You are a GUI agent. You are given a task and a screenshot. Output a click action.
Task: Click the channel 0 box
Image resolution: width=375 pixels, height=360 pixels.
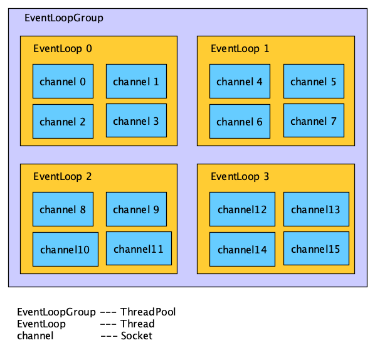click(x=63, y=81)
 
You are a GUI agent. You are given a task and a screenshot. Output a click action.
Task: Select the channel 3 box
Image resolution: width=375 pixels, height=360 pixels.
click(x=136, y=120)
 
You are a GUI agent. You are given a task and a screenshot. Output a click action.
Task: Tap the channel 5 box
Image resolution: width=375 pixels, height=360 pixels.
click(x=314, y=81)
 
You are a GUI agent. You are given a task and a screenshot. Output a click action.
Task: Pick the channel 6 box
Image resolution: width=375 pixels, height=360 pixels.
click(x=240, y=121)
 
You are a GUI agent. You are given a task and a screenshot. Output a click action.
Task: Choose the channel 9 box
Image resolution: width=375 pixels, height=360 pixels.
click(x=136, y=209)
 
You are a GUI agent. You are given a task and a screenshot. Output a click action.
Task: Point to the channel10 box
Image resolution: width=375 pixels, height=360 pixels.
click(x=65, y=249)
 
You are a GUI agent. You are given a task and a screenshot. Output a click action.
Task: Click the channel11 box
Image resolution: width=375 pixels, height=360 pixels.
click(x=138, y=248)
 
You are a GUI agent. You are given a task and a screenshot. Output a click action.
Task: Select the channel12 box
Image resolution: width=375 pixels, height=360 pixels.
click(x=241, y=209)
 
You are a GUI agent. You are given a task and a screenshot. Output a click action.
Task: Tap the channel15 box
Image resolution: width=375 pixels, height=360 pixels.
click(x=315, y=248)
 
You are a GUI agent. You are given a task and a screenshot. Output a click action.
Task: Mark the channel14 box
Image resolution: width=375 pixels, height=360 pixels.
click(x=241, y=249)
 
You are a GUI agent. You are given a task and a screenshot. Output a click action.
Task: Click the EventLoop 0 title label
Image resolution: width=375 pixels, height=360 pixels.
click(x=62, y=48)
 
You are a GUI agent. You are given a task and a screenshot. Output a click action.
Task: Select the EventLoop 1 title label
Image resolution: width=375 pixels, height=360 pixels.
click(x=240, y=48)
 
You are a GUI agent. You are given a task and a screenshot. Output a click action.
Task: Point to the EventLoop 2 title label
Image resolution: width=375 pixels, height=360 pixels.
click(x=62, y=176)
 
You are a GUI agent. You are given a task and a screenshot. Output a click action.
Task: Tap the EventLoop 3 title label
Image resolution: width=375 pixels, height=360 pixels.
click(x=240, y=176)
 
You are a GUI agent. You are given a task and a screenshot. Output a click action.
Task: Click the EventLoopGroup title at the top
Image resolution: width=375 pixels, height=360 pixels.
click(x=63, y=18)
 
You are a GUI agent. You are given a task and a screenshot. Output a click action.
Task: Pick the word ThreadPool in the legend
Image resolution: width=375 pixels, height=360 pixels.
click(x=148, y=312)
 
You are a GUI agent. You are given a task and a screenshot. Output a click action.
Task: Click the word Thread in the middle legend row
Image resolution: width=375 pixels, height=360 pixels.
click(x=137, y=324)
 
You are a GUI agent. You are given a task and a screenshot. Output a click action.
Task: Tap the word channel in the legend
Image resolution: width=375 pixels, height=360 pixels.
click(x=35, y=336)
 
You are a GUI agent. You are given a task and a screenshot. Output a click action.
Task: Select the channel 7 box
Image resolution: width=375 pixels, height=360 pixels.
click(x=314, y=120)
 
